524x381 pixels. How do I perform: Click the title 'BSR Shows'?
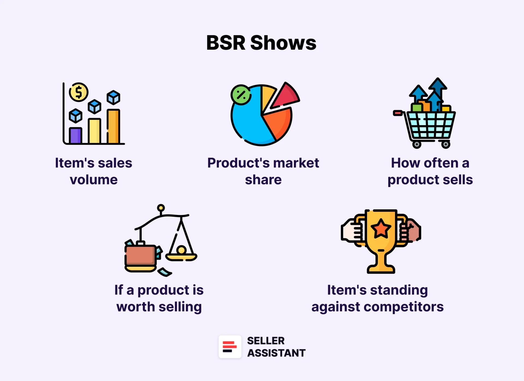261,43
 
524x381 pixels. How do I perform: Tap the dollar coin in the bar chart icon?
79,92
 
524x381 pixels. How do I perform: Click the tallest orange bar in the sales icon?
113,126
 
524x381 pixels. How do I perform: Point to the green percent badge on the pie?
241,95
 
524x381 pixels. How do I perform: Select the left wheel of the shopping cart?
416,144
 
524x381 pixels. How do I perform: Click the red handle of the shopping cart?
398,113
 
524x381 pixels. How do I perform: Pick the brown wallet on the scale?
141,255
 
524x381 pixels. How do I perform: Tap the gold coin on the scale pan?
181,250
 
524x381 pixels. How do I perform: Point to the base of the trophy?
381,269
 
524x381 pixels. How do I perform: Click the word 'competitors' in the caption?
404,307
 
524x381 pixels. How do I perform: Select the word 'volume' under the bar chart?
94,180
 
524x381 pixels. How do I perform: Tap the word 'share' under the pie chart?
263,180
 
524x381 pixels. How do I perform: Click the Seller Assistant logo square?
230,347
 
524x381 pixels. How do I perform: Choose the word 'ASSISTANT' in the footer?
276,353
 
